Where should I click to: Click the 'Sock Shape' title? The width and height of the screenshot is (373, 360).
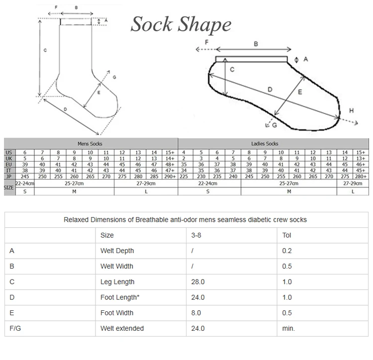[x=181, y=24]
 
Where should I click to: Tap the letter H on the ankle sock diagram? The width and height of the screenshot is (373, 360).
[x=352, y=110]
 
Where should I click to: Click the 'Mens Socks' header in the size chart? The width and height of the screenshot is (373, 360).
[x=90, y=143]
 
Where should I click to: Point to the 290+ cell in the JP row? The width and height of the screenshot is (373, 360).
[x=170, y=176]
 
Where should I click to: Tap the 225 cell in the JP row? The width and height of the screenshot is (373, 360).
[x=184, y=176]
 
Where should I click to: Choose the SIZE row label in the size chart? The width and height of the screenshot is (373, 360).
[x=8, y=188]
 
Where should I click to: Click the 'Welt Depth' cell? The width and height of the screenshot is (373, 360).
[x=117, y=251]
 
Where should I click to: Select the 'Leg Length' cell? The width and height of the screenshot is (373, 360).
[x=117, y=282]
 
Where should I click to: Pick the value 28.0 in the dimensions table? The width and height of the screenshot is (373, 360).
[x=198, y=282]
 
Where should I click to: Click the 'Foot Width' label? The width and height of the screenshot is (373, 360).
[x=117, y=313]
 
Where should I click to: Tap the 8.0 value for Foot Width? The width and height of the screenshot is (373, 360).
[x=196, y=313]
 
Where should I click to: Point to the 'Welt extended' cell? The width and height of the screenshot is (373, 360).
[x=122, y=328]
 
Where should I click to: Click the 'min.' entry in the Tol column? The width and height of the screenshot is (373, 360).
[x=288, y=328]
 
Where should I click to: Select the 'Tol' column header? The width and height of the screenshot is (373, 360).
[x=286, y=235]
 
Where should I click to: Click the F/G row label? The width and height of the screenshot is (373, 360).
[x=14, y=328]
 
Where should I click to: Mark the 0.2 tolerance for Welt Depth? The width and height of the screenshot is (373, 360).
[x=287, y=251]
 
